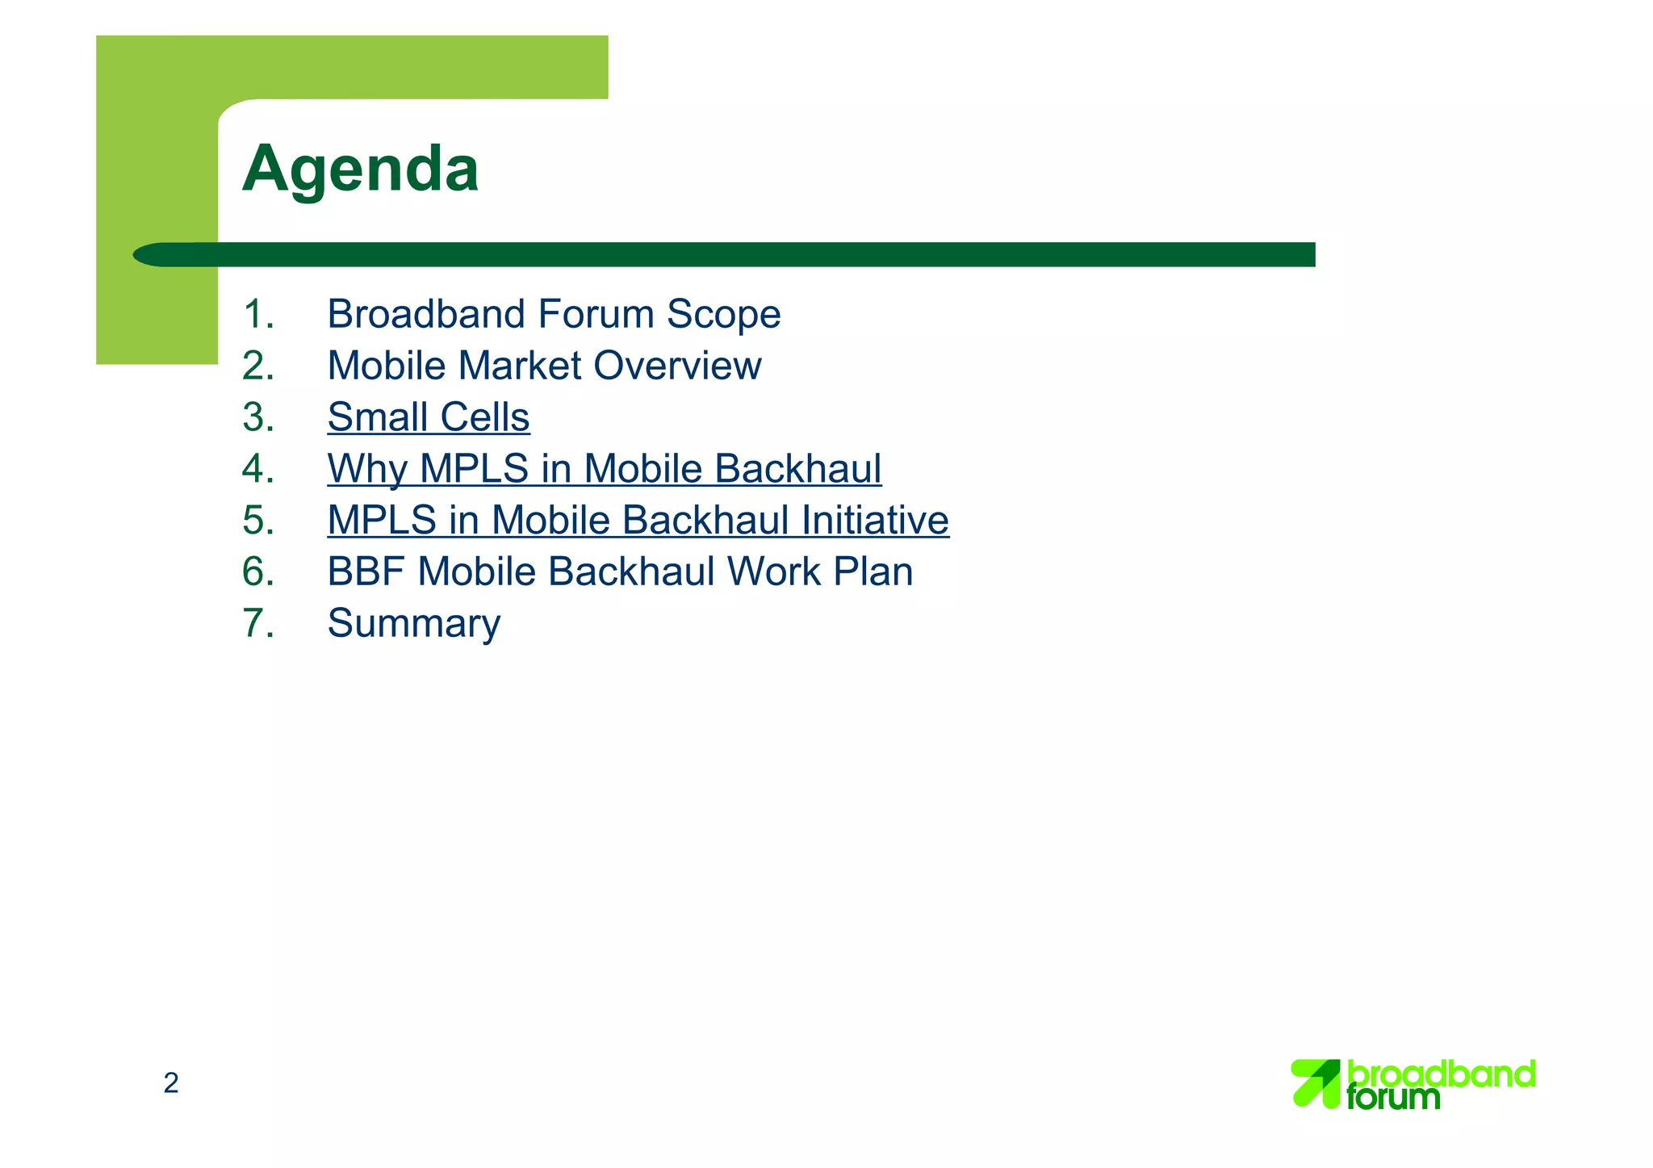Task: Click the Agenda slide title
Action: click(360, 170)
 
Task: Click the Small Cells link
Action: click(428, 417)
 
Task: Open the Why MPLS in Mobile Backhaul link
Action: click(604, 469)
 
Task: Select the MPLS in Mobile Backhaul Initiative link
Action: click(638, 521)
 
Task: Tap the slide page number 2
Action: click(171, 1083)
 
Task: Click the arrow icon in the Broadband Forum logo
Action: click(1315, 1083)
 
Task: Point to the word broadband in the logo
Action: click(1442, 1074)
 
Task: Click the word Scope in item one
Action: click(723, 315)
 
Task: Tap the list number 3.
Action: click(258, 417)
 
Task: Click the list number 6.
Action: click(258, 572)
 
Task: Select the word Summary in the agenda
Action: click(413, 624)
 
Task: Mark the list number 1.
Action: click(258, 315)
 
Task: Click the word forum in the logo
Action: click(1393, 1097)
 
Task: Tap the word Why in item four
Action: click(367, 469)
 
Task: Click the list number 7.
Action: click(258, 624)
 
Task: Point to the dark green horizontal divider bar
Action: click(726, 255)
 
